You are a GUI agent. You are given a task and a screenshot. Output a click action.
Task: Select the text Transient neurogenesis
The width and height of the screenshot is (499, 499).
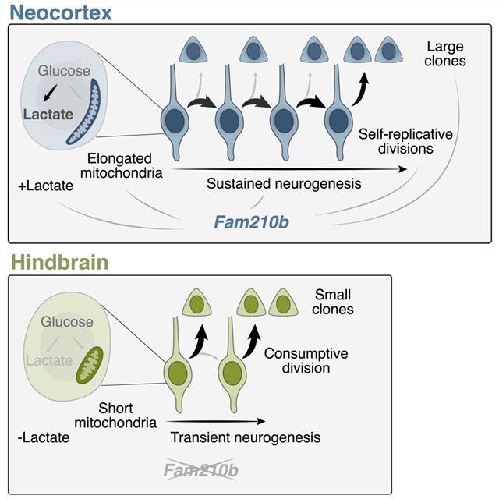coord(245,437)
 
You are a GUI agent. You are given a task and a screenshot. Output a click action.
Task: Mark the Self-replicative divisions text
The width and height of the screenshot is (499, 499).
coord(395,140)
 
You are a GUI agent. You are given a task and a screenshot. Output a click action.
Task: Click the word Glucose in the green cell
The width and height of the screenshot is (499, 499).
coord(66,322)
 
